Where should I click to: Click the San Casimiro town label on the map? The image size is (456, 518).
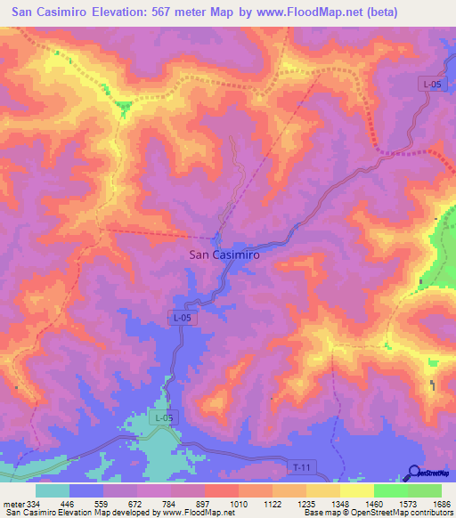pyautogui.click(x=224, y=255)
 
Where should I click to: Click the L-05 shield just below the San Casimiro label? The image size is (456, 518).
pyautogui.click(x=182, y=317)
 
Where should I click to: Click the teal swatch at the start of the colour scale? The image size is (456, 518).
pyautogui.click(x=53, y=490)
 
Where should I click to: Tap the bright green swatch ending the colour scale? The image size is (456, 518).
pyautogui.click(x=425, y=490)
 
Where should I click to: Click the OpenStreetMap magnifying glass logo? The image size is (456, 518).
pyautogui.click(x=413, y=473)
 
